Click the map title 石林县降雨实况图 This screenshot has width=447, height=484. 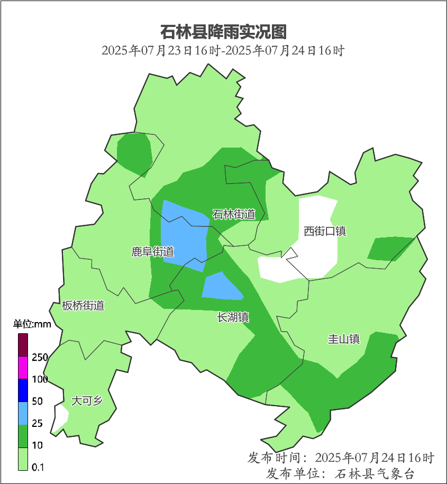point(223,32)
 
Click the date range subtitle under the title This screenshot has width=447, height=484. point(223,51)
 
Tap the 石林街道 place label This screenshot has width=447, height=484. point(234,214)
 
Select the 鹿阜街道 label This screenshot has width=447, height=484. point(153,252)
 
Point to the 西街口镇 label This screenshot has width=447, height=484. point(325,231)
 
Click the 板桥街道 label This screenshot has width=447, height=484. point(83,305)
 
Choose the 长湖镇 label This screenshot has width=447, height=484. point(233,317)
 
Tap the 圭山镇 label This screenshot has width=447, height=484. point(344,339)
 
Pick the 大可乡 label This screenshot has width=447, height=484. point(87,400)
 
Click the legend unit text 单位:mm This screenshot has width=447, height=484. point(32,324)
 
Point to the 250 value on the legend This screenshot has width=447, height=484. point(39,357)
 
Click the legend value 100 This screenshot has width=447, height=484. point(39,379)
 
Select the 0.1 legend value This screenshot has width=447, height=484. point(38,467)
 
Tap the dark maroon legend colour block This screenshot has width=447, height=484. point(23,345)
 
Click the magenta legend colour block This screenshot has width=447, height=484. point(23,368)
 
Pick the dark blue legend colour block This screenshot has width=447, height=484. point(23,390)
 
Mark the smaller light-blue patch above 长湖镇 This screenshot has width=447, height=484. point(221,287)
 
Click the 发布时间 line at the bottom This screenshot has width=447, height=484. point(341,458)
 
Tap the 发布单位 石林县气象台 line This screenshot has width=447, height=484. point(341,473)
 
